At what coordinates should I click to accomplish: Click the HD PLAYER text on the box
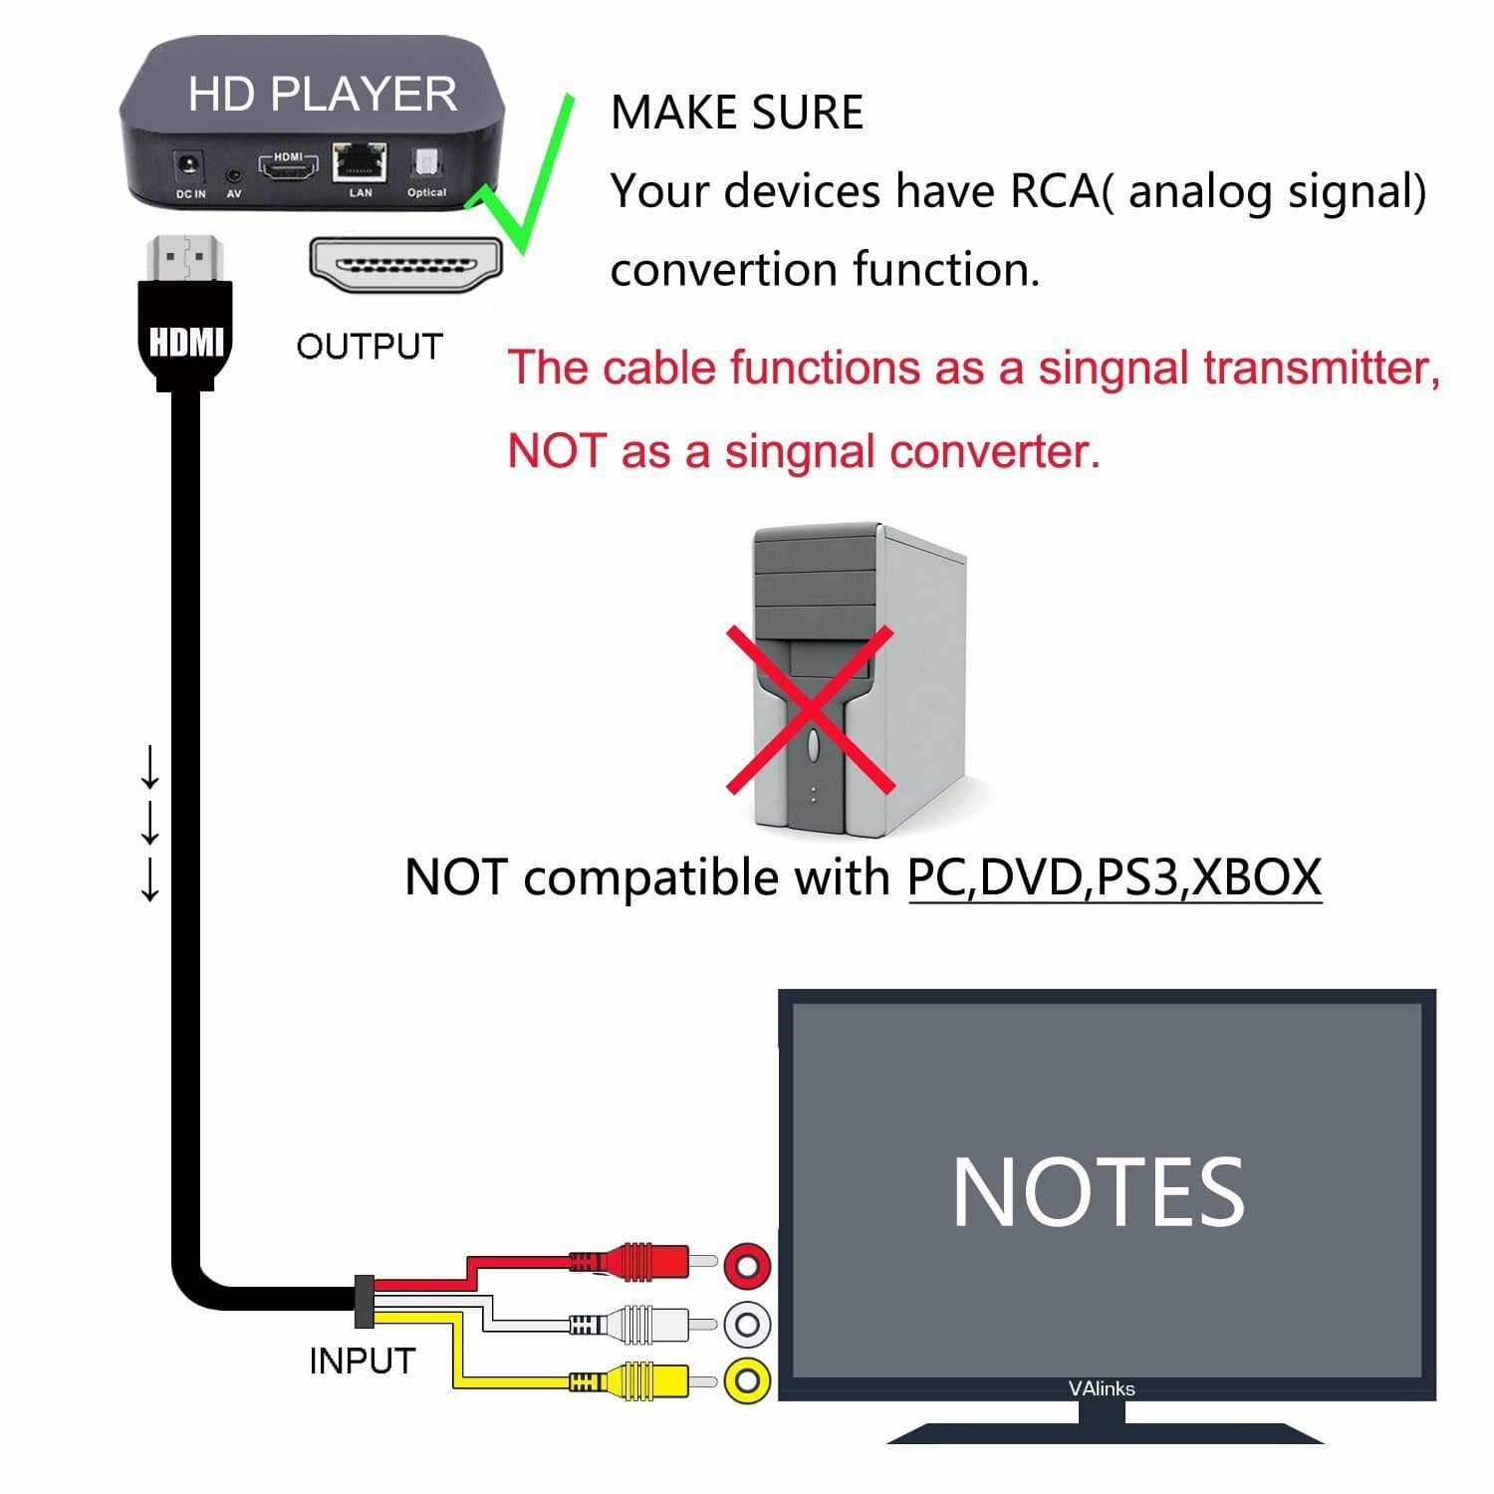[322, 94]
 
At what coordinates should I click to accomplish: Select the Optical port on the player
[426, 164]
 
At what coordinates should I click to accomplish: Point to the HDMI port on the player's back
[289, 167]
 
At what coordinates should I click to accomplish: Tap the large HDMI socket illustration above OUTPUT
[406, 267]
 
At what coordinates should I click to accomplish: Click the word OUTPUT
[370, 347]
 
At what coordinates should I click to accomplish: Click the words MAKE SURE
[736, 112]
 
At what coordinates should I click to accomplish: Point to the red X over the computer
[809, 708]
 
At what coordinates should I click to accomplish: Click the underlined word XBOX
[1256, 876]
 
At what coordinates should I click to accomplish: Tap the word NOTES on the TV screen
[1098, 1192]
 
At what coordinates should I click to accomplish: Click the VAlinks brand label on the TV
[1101, 1388]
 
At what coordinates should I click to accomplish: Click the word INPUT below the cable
[362, 1361]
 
